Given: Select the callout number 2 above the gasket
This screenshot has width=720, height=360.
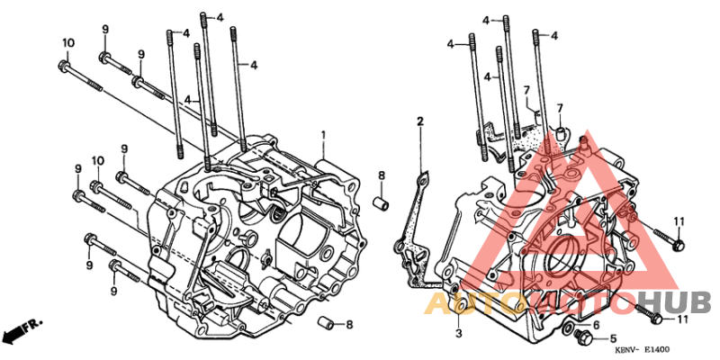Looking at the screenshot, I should (x=419, y=121).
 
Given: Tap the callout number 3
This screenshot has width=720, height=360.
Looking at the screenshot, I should (x=458, y=334).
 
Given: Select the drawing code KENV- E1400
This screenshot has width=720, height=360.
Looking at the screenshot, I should (x=643, y=349).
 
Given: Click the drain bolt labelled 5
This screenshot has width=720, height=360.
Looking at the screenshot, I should (x=580, y=339).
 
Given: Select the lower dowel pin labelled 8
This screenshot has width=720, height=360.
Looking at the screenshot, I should (x=330, y=323).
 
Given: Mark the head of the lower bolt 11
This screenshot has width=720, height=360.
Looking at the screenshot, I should (x=656, y=319).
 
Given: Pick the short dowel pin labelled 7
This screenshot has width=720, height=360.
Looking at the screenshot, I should (x=558, y=134).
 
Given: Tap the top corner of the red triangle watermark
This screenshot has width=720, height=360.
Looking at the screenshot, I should (x=589, y=135).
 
